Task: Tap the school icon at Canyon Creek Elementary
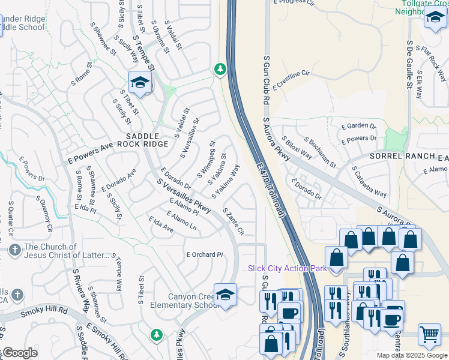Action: tap(226, 295)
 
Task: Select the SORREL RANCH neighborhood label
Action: tap(402, 156)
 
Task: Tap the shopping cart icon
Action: tap(429, 334)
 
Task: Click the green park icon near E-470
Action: tap(220, 69)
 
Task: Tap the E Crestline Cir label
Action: tap(291, 80)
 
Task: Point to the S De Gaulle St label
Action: tap(409, 65)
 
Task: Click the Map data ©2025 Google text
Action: tap(412, 355)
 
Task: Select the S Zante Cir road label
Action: tap(234, 221)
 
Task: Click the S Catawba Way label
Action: tap(369, 182)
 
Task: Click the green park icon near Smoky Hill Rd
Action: tap(157, 334)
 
